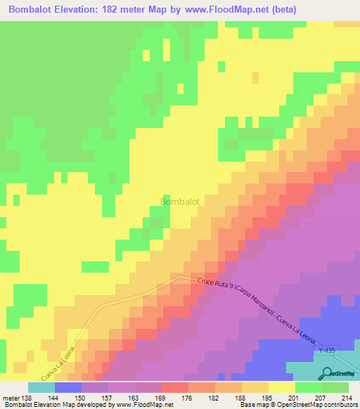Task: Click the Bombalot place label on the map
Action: (x=180, y=202)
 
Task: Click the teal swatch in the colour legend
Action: (x=41, y=387)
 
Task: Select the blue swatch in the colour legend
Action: (x=68, y=387)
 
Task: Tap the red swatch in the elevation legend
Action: (x=175, y=387)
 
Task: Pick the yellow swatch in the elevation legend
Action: (x=282, y=387)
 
